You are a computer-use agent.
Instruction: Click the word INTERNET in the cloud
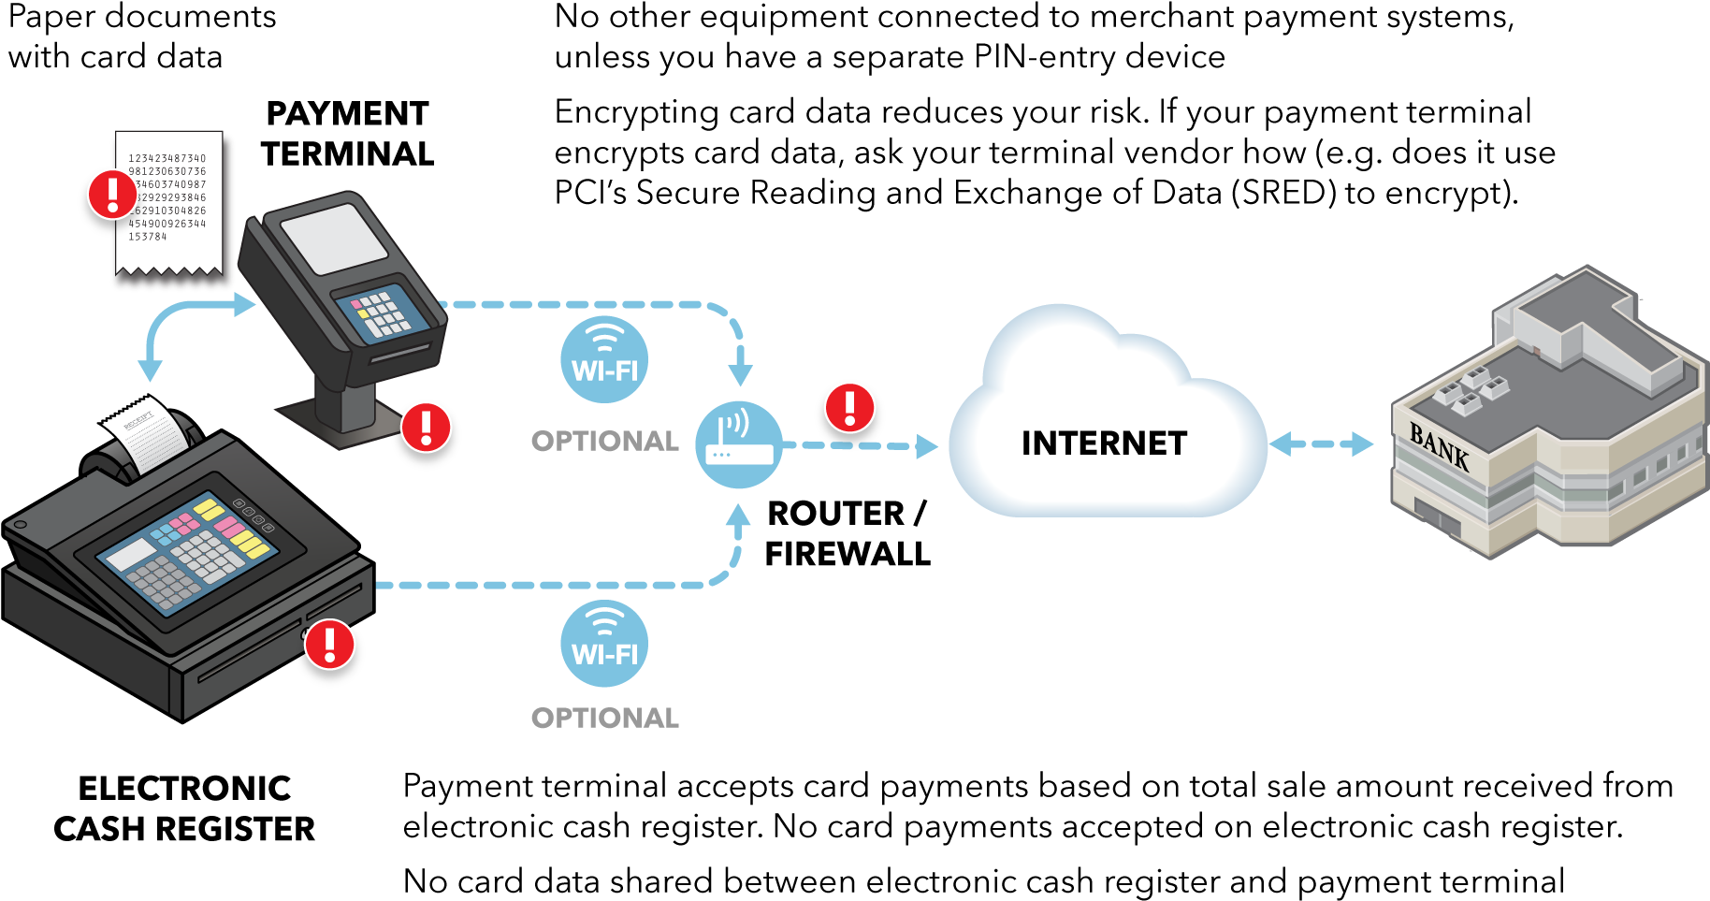(1104, 443)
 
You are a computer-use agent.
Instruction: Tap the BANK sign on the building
(1439, 447)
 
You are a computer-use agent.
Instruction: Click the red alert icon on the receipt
(112, 194)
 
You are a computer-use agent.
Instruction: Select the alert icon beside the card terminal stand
(427, 427)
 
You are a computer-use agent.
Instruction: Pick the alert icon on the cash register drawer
(330, 645)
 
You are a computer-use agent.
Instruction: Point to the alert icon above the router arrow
(849, 408)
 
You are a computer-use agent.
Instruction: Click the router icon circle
(739, 445)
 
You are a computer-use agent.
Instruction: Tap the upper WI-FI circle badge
(604, 360)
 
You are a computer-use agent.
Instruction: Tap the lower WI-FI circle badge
(604, 644)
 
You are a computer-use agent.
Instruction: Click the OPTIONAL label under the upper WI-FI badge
(605, 441)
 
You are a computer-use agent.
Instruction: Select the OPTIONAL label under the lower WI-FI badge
(605, 718)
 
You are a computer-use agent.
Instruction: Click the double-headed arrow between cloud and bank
(1321, 443)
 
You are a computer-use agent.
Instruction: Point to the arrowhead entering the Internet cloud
(927, 446)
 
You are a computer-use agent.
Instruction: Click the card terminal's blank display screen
(334, 238)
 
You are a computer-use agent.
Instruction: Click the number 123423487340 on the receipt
(167, 158)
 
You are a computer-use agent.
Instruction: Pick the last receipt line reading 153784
(148, 237)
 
